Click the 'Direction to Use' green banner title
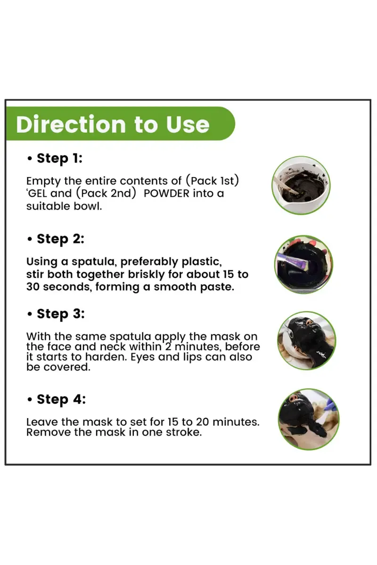pyautogui.click(x=113, y=124)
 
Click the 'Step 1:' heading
pyautogui.click(x=59, y=158)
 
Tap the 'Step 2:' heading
pyautogui.click(x=60, y=239)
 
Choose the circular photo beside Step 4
pyautogui.click(x=308, y=419)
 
